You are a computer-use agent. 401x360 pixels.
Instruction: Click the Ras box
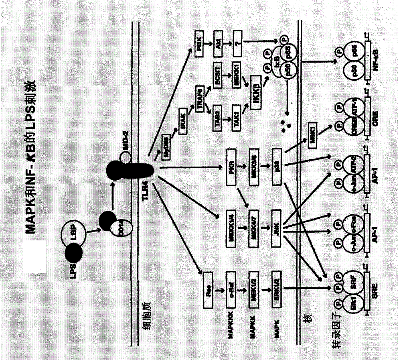coord(208,279)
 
